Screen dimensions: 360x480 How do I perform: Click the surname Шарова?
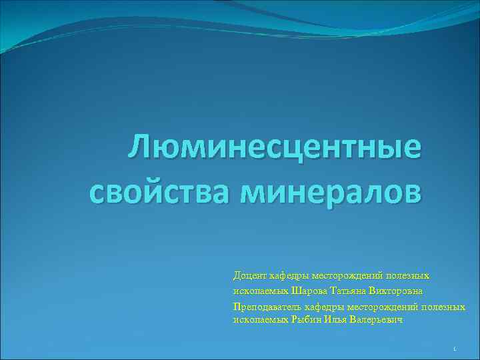[310, 291]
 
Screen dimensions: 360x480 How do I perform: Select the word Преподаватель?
[267, 307]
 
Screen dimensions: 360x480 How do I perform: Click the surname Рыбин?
[306, 320]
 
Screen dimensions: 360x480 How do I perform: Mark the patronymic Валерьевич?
[376, 320]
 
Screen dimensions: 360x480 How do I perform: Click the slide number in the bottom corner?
[453, 349]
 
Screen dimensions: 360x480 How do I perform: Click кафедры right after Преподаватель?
[320, 307]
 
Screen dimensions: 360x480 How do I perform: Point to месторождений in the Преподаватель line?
[376, 307]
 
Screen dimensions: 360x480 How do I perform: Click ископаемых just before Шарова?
[261, 291]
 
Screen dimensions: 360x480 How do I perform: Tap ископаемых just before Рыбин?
[261, 320]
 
